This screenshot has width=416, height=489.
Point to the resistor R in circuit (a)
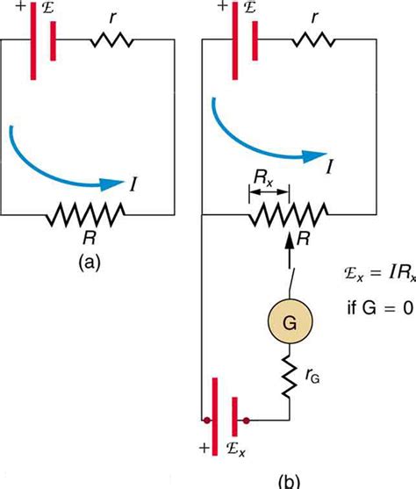pyautogui.click(x=88, y=212)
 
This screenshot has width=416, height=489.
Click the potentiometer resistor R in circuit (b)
pyautogui.click(x=289, y=212)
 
